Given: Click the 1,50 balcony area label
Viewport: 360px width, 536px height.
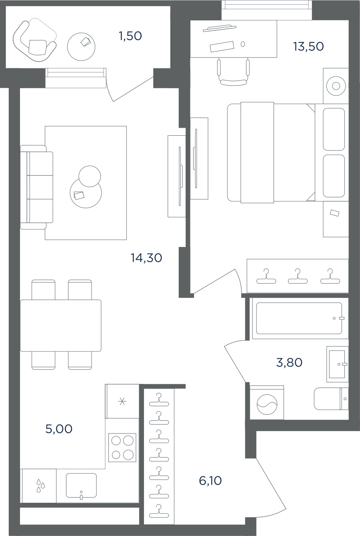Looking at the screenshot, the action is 130,36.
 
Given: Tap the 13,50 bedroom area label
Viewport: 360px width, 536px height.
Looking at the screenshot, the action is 308,46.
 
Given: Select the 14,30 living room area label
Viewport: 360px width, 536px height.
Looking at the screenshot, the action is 146,258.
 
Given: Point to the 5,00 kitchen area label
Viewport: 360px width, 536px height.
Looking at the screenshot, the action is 59,429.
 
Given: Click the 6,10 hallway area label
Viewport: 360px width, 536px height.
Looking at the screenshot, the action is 210,480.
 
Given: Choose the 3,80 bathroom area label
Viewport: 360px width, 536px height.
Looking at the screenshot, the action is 289,363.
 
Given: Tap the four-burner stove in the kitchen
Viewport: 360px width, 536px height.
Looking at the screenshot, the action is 122,447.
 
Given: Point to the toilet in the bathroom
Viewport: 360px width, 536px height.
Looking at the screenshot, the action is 331,399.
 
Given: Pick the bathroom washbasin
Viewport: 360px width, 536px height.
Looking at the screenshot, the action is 338,364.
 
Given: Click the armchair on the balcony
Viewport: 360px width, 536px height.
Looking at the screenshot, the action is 35,41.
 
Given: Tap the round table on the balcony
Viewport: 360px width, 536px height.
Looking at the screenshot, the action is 81,47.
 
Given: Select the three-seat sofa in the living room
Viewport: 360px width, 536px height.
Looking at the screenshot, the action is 36,187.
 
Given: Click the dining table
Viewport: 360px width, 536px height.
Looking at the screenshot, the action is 60,325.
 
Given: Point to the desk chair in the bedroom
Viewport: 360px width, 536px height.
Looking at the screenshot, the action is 233,71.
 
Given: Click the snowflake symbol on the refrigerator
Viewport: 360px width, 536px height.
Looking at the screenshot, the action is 122,401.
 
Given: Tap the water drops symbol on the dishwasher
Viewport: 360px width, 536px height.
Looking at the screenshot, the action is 40,486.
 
